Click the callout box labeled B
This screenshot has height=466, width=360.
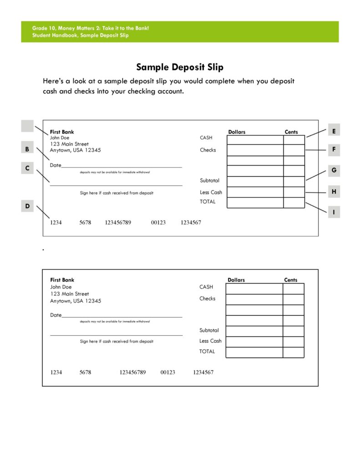27,148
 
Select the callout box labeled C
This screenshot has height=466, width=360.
27,168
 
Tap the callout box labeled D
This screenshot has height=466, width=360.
27,206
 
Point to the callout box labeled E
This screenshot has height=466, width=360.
334,131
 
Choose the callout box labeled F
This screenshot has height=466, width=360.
334,149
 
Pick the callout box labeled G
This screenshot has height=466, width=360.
334,170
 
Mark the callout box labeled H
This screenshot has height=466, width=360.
334,192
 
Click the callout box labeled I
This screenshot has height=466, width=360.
334,212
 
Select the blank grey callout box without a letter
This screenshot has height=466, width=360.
27,126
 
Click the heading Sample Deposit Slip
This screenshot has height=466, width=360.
180,67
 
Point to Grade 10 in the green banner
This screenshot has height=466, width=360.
44,29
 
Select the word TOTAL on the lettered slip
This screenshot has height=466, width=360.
208,202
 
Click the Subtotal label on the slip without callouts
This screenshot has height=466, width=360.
209,330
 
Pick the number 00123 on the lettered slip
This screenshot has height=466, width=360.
158,223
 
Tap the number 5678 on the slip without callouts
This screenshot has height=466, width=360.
85,372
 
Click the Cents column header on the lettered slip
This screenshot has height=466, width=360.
291,132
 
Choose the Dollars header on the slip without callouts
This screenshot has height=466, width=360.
236,280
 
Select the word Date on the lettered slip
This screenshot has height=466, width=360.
56,165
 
